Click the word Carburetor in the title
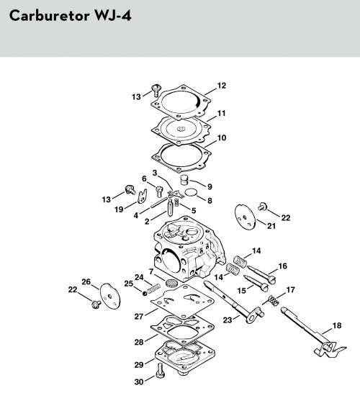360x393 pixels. tap(50, 16)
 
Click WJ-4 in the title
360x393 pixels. tap(112, 16)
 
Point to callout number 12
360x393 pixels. tap(222, 86)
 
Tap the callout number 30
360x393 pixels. tap(139, 381)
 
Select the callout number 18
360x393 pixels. tap(337, 325)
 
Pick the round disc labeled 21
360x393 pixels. tap(245, 217)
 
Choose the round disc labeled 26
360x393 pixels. tap(110, 296)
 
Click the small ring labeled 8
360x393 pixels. tap(191, 192)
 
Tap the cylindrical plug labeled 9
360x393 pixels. tap(184, 180)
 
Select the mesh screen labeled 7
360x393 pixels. tap(171, 282)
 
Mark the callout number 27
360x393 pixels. tap(139, 317)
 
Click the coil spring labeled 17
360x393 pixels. tap(274, 300)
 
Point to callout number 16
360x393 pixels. tap(282, 266)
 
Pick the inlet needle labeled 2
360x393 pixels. tap(170, 207)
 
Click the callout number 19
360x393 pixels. tap(119, 209)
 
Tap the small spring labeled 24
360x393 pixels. tap(153, 289)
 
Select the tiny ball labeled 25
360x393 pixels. tap(145, 293)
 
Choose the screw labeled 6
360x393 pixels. tap(158, 192)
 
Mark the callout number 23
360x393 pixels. tap(228, 320)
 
